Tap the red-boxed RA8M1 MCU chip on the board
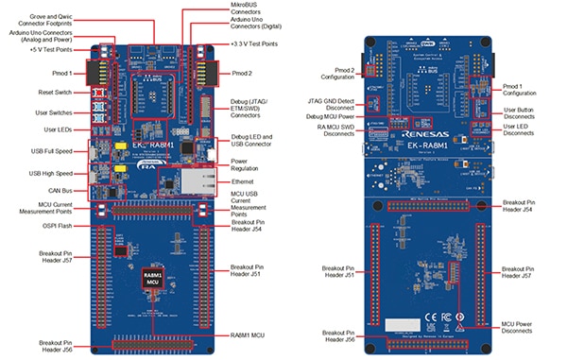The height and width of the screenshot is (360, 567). click(x=152, y=279)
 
